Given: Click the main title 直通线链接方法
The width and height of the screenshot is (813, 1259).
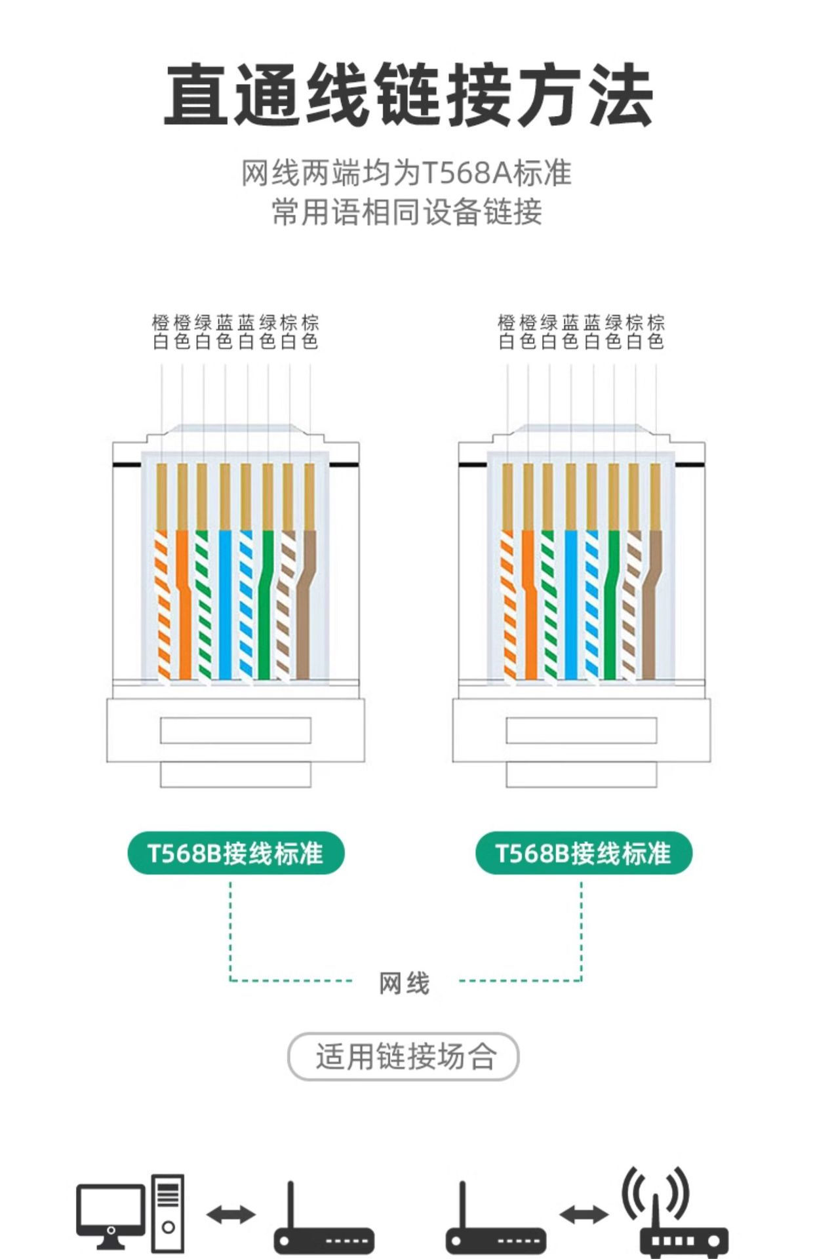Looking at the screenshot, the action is pos(408,95).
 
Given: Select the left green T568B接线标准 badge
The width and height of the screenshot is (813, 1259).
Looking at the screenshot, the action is pos(235,853).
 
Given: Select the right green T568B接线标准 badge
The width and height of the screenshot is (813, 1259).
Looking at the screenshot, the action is pos(583,853).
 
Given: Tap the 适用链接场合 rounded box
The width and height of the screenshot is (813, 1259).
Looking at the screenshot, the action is pos(403,1056).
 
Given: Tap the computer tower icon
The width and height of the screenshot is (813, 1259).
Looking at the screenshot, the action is pos(168,1212).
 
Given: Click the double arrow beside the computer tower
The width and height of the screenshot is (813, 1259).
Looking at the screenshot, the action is pos(231,1214).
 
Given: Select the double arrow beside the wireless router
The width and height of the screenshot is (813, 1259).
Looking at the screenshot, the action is pos(584,1214).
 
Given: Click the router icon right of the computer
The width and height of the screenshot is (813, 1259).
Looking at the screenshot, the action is pos(323,1226).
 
